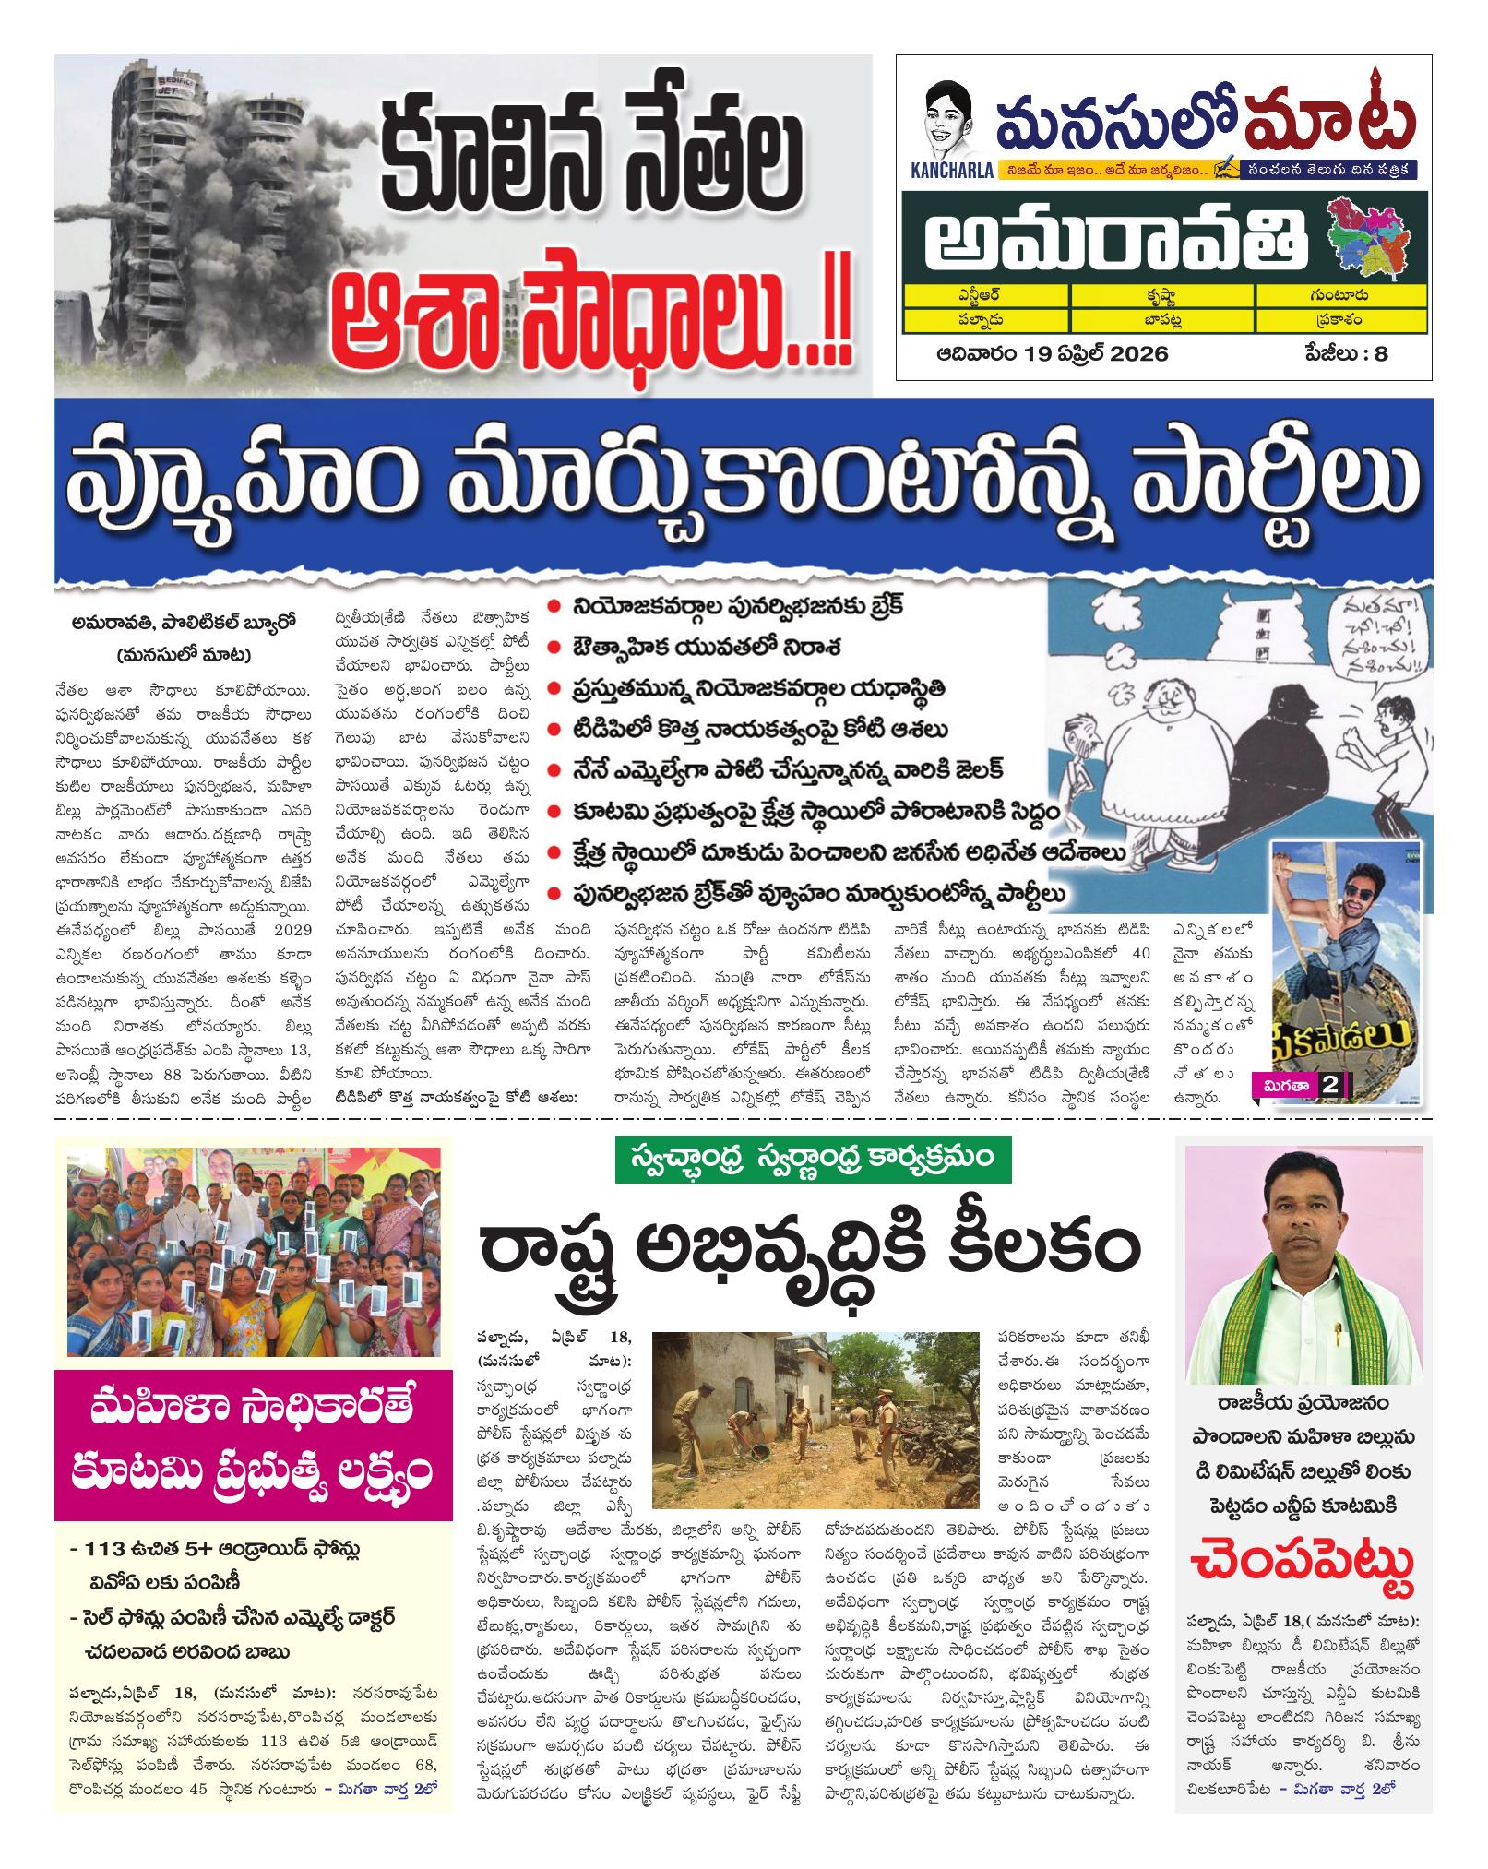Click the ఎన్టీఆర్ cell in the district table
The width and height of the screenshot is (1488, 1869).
[x=986, y=295]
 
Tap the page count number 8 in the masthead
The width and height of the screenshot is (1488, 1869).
[x=1381, y=354]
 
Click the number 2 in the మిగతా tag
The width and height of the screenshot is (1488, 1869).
[x=1330, y=1085]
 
